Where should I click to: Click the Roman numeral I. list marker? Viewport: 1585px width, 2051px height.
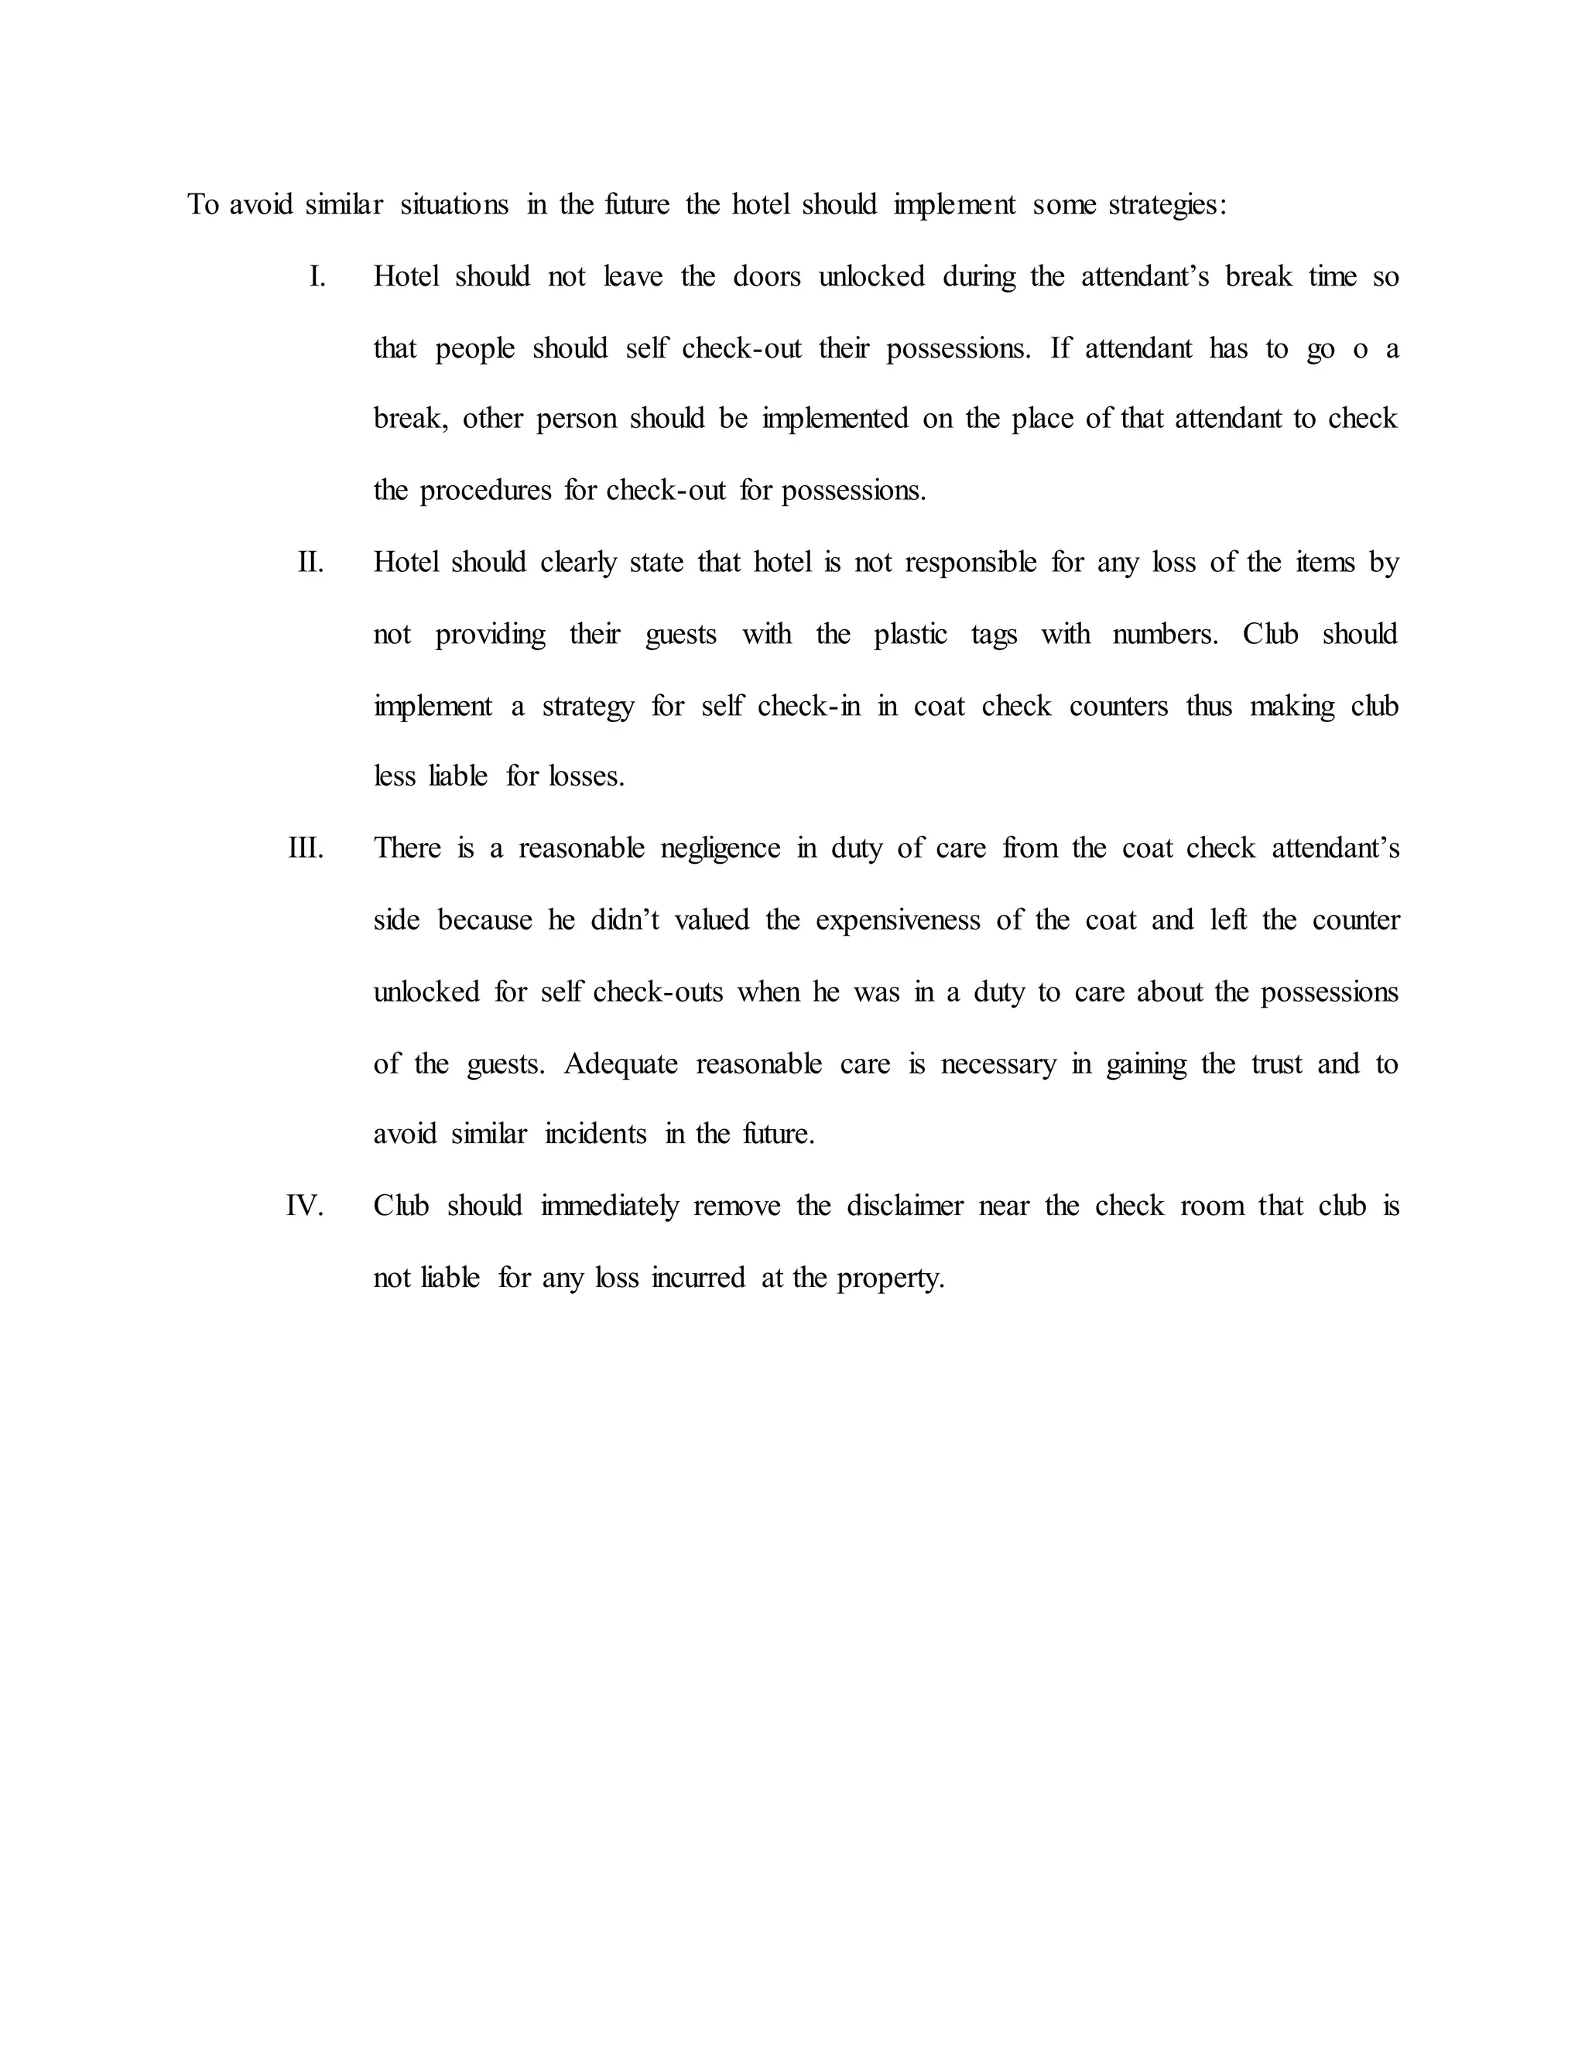317,277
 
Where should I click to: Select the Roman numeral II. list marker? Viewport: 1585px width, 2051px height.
311,563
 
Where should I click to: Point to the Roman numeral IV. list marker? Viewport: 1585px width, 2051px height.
305,1206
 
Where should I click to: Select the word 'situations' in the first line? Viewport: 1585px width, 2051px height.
454,205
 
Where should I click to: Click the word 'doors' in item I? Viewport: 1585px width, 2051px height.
766,277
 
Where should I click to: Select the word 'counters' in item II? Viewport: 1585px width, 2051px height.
1118,706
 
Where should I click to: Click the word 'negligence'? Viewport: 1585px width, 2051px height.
721,848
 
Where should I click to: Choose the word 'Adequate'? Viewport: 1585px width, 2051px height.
621,1064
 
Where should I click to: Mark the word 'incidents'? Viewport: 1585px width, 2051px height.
595,1135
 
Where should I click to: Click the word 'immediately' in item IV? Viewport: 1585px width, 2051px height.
609,1206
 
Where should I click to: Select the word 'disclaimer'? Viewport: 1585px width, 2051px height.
905,1206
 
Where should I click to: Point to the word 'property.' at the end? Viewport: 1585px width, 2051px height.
890,1278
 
